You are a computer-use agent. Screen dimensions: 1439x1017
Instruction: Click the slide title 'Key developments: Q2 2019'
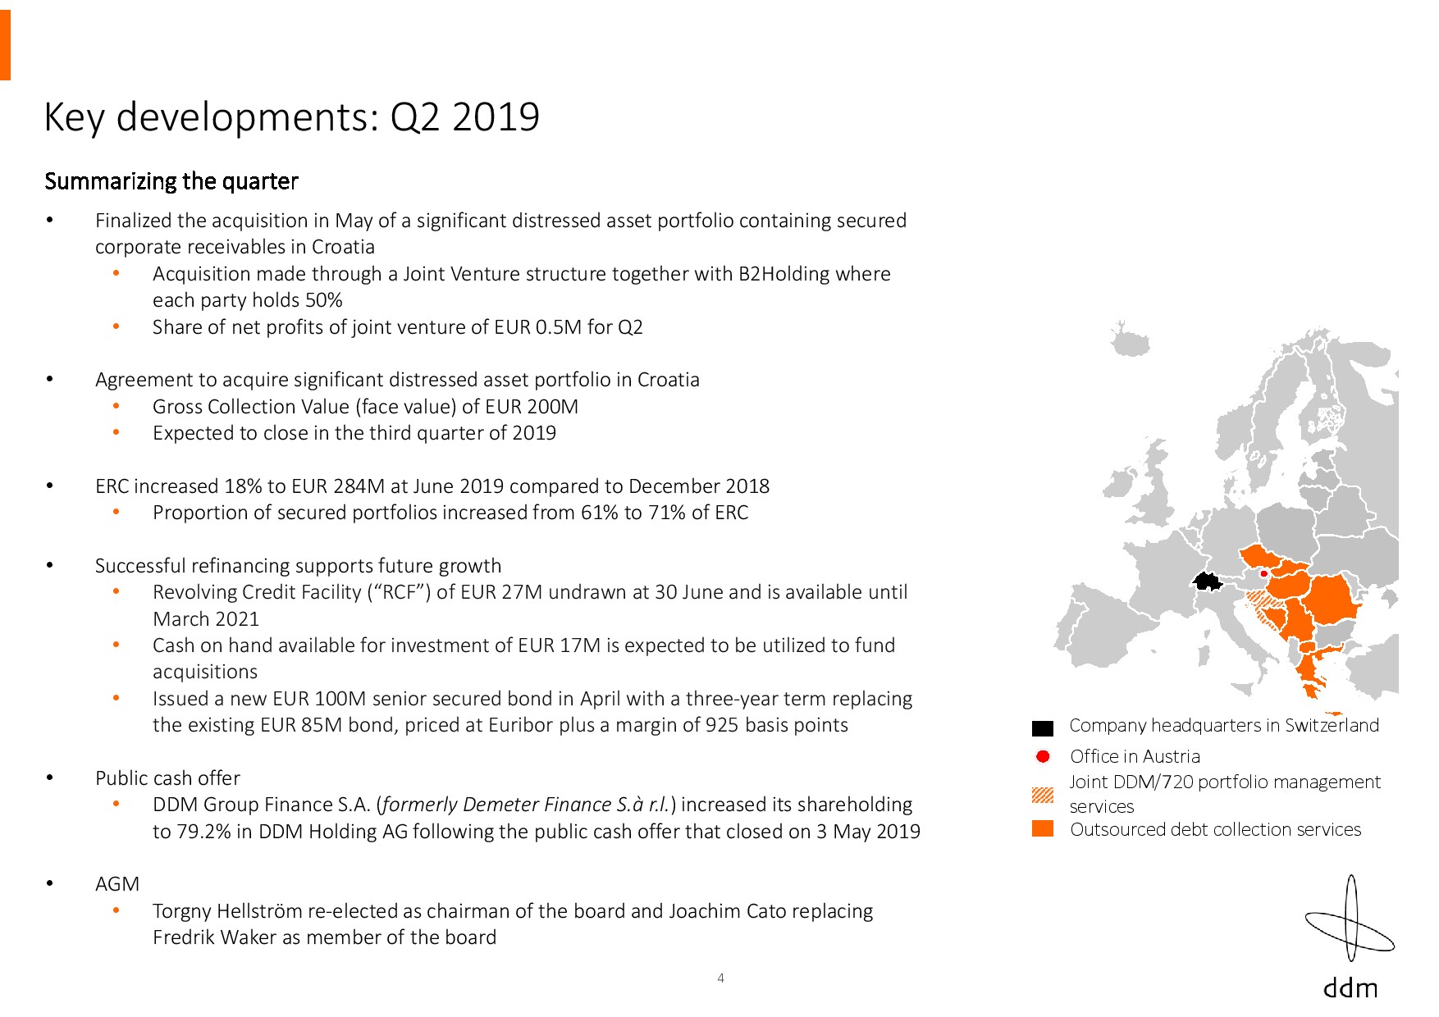coord(291,116)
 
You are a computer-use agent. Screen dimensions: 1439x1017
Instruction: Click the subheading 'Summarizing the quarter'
coord(171,181)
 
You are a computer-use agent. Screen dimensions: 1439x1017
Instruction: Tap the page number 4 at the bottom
coord(720,978)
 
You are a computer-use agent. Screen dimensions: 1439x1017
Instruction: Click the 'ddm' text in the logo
coord(1350,987)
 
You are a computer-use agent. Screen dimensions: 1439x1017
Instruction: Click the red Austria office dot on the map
coord(1263,573)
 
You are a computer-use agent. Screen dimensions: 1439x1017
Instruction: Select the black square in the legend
coord(1042,728)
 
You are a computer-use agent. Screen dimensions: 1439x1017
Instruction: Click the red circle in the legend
coord(1043,756)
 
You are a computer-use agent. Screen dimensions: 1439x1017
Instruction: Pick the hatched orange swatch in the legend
coord(1043,795)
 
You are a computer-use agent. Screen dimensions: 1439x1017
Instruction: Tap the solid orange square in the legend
coord(1043,828)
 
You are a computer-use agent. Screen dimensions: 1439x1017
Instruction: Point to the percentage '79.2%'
coord(203,832)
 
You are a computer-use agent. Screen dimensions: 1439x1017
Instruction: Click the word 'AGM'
coord(117,884)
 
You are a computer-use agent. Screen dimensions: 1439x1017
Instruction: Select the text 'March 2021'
coord(206,619)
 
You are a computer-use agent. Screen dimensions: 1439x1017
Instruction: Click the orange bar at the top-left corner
coord(5,40)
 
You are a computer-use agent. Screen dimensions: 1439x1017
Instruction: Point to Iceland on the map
coord(1131,340)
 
